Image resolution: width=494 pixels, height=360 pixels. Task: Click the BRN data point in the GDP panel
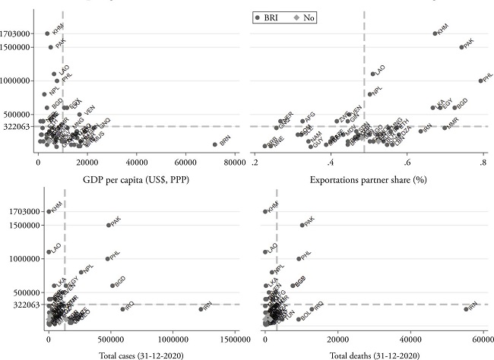[x=214, y=144]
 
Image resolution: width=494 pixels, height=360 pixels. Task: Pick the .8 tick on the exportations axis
[x=482, y=163]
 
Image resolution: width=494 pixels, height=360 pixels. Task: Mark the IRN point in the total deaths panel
[x=466, y=308]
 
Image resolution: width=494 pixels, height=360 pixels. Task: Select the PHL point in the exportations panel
[x=480, y=81]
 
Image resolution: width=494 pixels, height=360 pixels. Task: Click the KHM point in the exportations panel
[x=435, y=33]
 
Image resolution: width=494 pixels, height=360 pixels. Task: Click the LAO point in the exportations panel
[x=373, y=74]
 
